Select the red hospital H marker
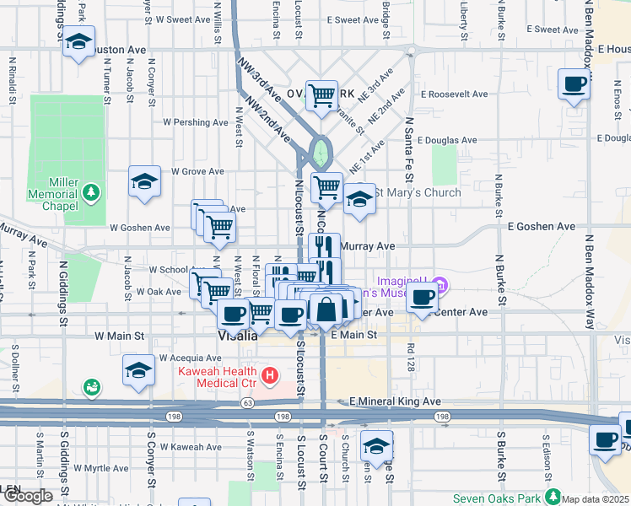click(270, 374)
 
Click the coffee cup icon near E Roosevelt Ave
click(574, 84)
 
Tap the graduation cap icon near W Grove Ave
click(144, 180)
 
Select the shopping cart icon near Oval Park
click(321, 96)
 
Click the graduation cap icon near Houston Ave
click(78, 42)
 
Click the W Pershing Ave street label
click(196, 122)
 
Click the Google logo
click(27, 496)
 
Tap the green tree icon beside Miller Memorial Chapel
click(90, 193)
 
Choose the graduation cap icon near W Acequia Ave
click(139, 370)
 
